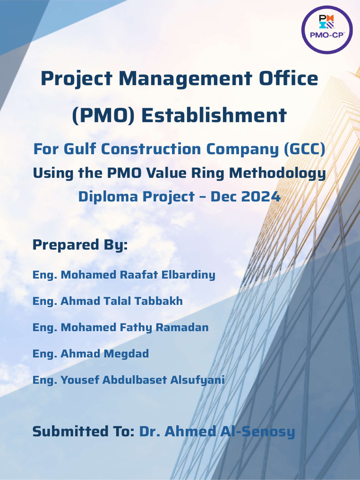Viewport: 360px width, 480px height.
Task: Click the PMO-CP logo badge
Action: coord(326,30)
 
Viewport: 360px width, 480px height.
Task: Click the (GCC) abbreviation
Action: coord(304,150)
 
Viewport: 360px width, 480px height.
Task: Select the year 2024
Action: coord(261,196)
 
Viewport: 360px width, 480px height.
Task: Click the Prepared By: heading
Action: coord(80,245)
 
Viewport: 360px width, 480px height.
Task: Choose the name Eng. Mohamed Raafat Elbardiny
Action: coord(124,275)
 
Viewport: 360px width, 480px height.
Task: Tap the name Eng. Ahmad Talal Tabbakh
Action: coord(107,301)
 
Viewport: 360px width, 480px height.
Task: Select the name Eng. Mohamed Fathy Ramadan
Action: coord(120,327)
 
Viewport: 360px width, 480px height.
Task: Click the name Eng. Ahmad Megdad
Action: coord(90,353)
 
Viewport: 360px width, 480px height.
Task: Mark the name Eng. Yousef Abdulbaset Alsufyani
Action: coord(128,380)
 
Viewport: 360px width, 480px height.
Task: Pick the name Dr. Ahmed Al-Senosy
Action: coord(217,431)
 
